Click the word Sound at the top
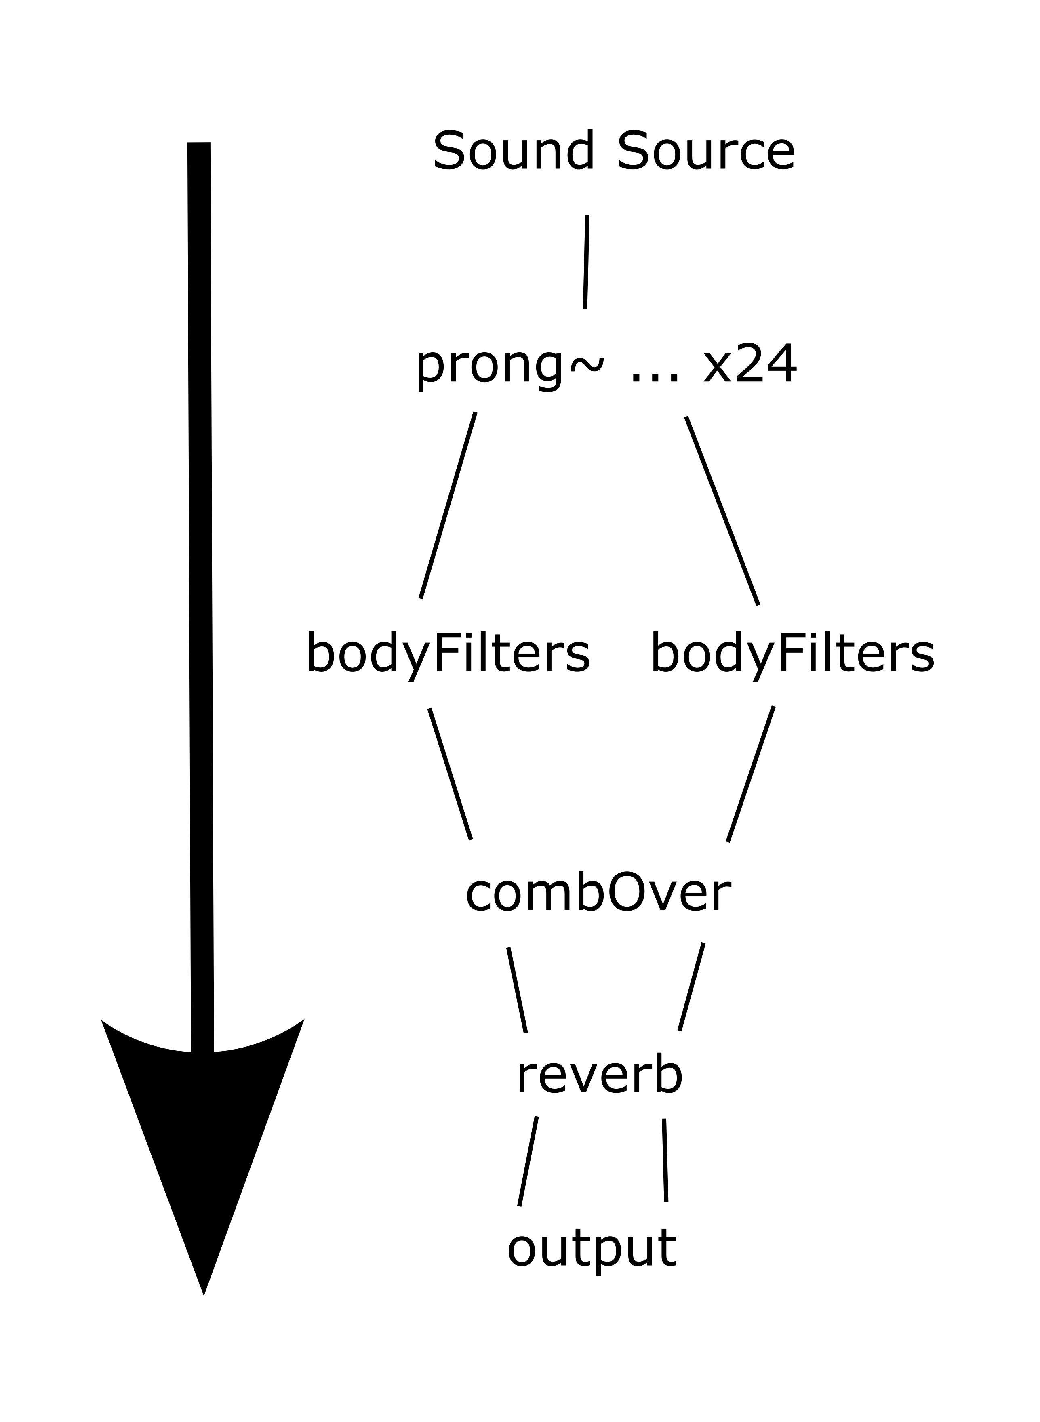click(x=513, y=151)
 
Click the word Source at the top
click(x=706, y=151)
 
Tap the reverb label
click(x=599, y=1077)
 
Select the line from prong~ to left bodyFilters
click(x=448, y=505)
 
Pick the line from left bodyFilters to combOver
click(x=450, y=774)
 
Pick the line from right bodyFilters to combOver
click(x=750, y=774)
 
